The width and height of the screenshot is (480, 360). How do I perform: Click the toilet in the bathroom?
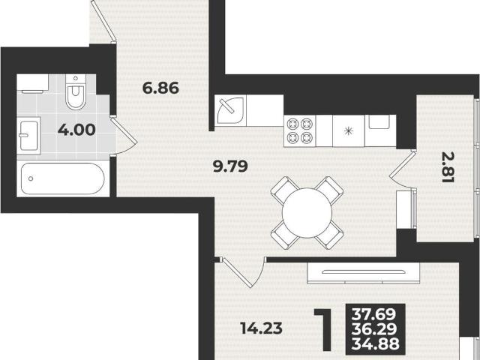coord(76,91)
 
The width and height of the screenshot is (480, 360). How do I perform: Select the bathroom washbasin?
coord(28,136)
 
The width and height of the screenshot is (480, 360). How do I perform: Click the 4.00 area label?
coord(76,130)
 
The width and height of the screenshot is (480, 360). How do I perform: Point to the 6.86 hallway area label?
coord(160,88)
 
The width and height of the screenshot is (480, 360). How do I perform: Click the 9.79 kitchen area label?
coord(230,166)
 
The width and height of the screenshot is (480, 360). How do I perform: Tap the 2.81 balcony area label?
coord(448,168)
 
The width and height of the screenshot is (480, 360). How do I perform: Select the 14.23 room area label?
coord(261,328)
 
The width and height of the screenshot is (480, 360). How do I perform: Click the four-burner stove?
coord(300,131)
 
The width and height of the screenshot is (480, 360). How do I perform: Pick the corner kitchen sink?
coord(230,110)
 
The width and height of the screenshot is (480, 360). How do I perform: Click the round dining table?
coord(307,213)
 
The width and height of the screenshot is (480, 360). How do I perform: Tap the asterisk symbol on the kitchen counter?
coord(348,131)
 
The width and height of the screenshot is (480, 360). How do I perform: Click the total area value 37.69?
coord(373,314)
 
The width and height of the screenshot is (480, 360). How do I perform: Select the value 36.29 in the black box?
coord(374,329)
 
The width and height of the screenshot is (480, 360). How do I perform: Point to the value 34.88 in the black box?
coord(376,343)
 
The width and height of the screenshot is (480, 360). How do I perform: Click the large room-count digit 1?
coord(323,329)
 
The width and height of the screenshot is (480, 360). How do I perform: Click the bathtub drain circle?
coord(31,178)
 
